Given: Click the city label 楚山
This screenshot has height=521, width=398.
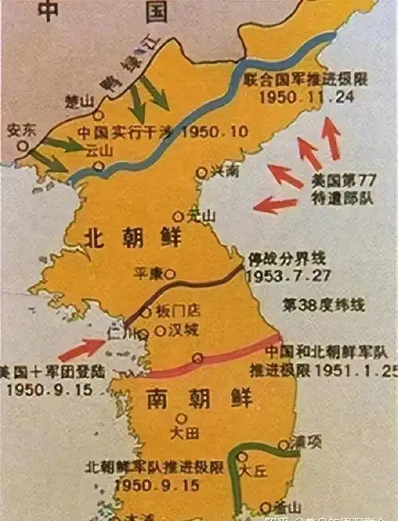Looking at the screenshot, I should pyautogui.click(x=82, y=101).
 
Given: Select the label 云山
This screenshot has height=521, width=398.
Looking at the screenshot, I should pyautogui.click(x=102, y=149).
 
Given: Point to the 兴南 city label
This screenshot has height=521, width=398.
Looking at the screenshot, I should pyautogui.click(x=224, y=170).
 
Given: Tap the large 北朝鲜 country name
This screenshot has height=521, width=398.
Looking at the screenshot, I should pyautogui.click(x=133, y=237).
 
